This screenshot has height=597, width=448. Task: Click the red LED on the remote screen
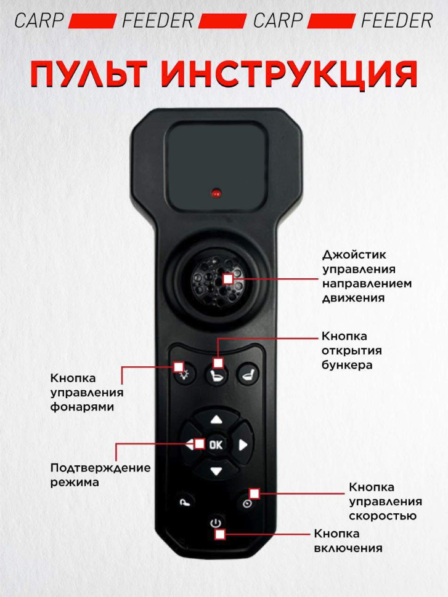click(216, 193)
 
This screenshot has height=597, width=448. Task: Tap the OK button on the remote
click(216, 444)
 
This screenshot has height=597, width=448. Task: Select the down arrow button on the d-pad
click(216, 471)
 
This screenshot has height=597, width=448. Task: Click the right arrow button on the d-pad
click(243, 445)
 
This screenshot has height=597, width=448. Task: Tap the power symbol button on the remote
click(216, 523)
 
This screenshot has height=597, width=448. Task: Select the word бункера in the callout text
click(347, 365)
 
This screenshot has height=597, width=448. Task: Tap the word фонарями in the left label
click(83, 407)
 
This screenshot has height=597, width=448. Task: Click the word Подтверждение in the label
click(100, 468)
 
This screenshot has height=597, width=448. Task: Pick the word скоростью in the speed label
click(383, 516)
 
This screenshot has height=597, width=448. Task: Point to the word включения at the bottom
click(348, 548)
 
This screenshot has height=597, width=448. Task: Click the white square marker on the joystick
click(228, 279)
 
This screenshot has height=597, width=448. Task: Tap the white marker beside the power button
click(220, 535)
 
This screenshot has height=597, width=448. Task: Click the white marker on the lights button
click(179, 367)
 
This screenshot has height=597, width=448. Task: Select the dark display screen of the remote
click(217, 166)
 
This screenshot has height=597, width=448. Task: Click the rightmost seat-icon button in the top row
click(248, 375)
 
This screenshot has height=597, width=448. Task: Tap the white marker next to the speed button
click(255, 494)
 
